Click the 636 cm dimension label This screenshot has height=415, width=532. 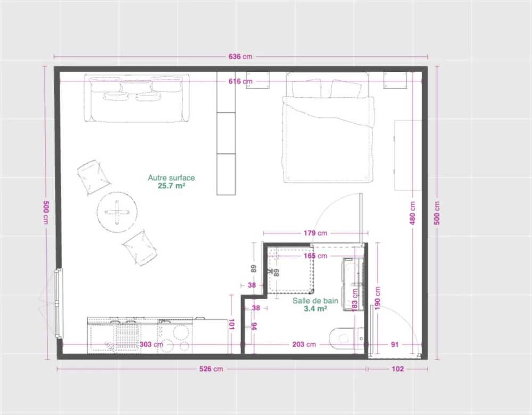240,56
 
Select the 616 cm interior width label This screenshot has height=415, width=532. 240,81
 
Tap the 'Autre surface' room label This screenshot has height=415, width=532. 171,177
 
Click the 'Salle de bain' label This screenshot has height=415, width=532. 315,301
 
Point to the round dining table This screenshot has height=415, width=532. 117,212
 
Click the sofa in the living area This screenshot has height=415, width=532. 137,98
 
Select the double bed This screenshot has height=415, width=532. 328,127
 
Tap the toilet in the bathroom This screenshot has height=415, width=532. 346,338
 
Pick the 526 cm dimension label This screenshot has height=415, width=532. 211,369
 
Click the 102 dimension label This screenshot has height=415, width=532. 397,369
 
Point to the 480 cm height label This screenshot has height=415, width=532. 413,213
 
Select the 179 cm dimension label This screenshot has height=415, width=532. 315,233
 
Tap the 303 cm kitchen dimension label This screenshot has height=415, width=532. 151,344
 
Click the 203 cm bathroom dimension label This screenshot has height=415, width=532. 304,344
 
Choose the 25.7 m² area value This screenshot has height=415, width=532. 171,185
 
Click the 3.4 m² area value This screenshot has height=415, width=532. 315,309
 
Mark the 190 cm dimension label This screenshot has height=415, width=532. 378,298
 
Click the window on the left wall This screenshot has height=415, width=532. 59,303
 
